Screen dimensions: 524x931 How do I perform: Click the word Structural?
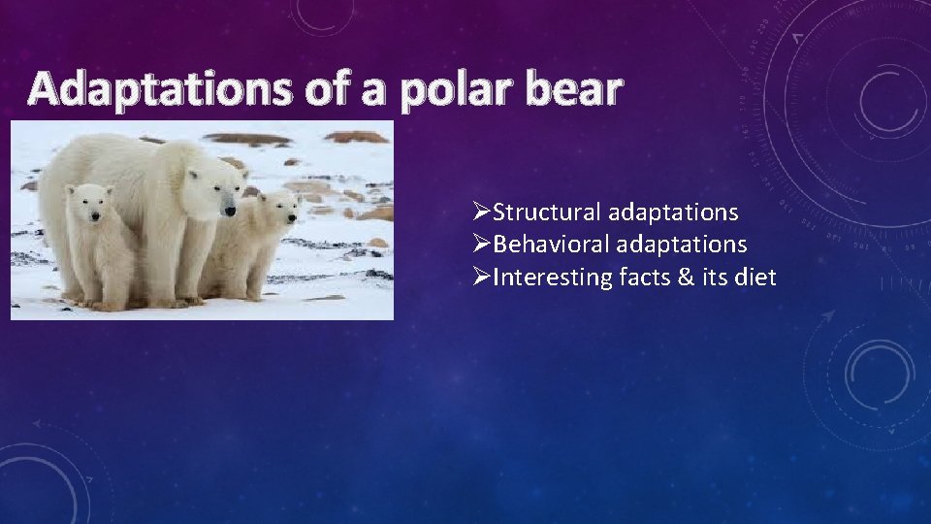point(547,212)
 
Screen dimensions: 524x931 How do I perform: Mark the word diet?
point(758,278)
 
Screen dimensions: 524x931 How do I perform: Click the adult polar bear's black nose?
point(230,208)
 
